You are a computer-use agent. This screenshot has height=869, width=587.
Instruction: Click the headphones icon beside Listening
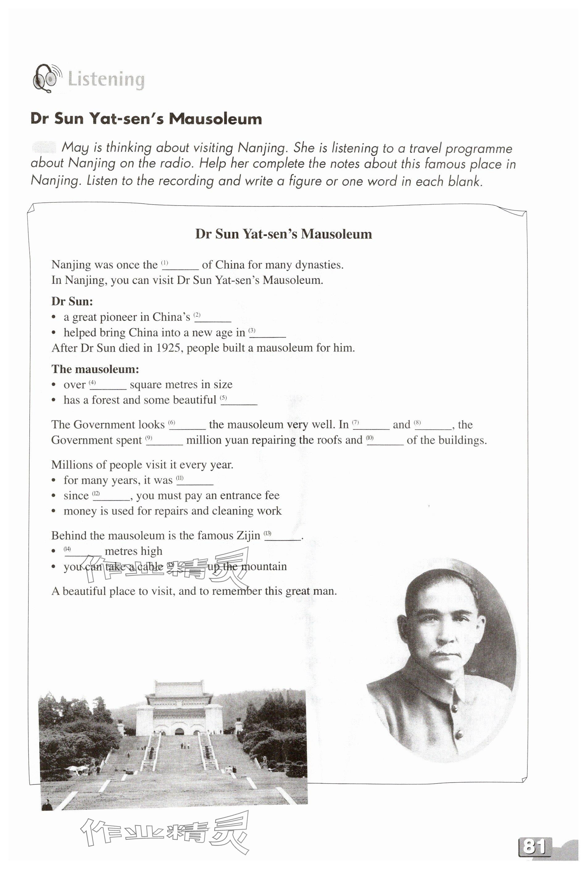point(46,78)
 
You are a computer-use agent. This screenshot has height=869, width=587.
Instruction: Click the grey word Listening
point(106,80)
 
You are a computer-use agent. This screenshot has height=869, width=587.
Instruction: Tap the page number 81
point(535,846)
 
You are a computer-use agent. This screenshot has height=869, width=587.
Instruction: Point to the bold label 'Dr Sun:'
point(72,301)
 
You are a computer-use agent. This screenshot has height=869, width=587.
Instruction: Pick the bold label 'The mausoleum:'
point(95,369)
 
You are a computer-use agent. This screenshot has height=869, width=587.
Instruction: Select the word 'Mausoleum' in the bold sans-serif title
point(215,119)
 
